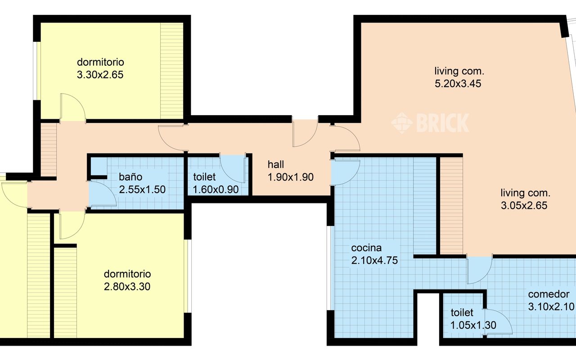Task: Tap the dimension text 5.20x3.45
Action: coord(458,84)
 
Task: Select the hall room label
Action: coord(276,165)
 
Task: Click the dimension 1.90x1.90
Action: coord(291,177)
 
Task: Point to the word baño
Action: coord(130,177)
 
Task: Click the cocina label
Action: coord(366,248)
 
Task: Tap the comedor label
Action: coord(549,294)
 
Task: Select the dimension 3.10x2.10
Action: coord(551,306)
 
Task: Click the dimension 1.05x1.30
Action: coord(473,325)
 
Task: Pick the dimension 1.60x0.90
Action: coord(216,189)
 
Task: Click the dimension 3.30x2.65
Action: coord(100,75)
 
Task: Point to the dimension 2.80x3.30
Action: coord(127,287)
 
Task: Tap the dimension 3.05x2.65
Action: coord(524,206)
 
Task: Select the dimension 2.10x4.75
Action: coord(375,260)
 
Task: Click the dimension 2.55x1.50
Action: coord(142,189)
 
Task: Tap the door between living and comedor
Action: coord(479,270)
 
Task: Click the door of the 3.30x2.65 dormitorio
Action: coord(73,107)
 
